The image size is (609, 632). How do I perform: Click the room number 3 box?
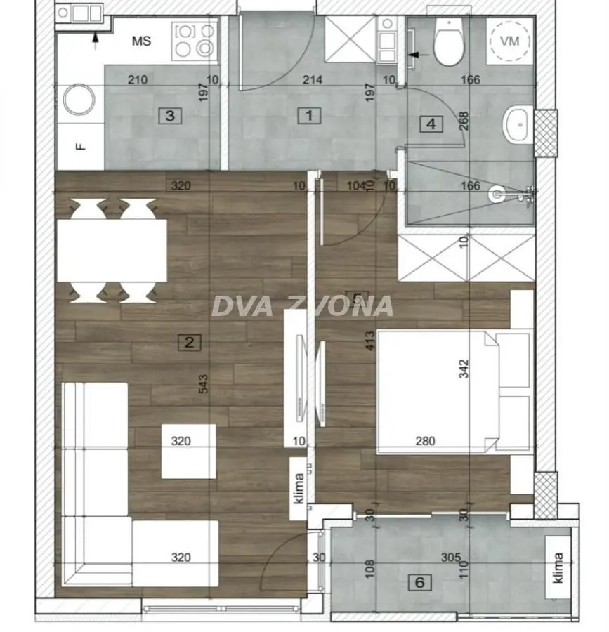click(170, 115)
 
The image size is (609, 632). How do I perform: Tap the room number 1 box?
click(309, 115)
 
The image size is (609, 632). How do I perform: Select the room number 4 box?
click(431, 124)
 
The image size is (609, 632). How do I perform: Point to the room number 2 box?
click(190, 343)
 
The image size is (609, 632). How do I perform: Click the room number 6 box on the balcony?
click(420, 582)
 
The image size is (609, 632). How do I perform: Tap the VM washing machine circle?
click(511, 41)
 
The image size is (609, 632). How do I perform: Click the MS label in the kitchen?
click(141, 41)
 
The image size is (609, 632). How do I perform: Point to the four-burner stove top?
click(195, 40)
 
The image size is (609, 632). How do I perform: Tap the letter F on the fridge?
click(80, 146)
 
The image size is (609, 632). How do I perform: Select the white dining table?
click(111, 251)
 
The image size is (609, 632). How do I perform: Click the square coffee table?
click(188, 452)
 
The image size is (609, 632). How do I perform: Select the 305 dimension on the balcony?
click(451, 558)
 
